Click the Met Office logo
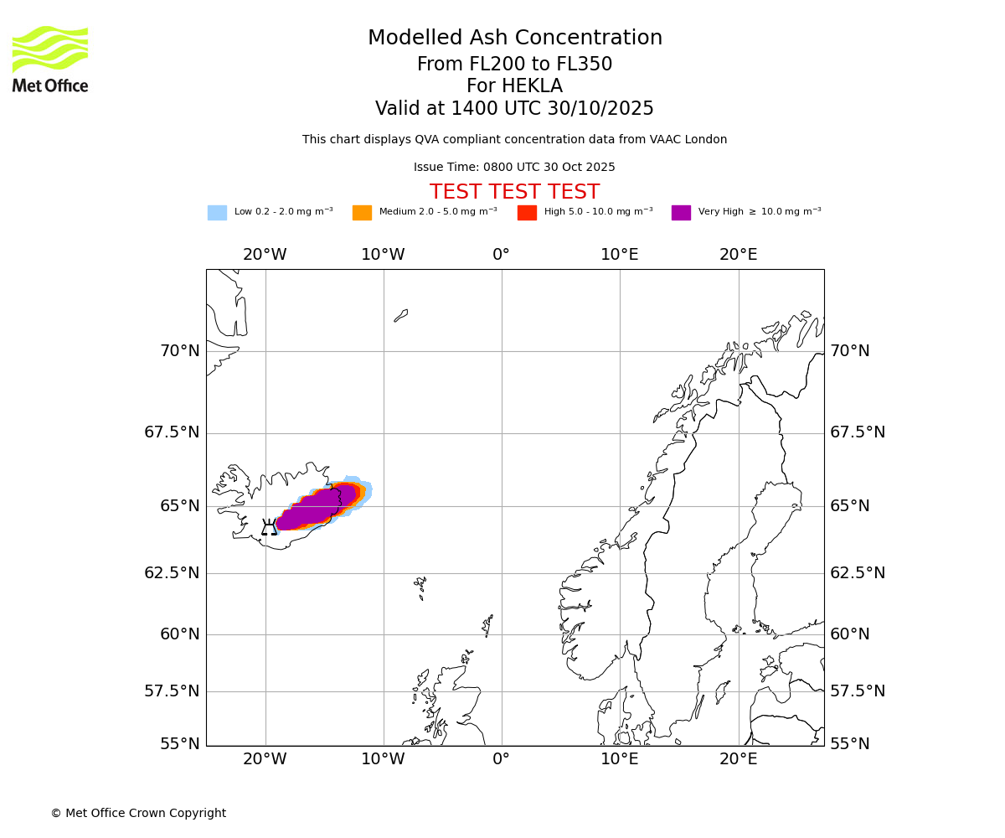(50, 59)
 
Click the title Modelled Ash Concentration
(514, 39)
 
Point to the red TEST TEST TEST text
(514, 192)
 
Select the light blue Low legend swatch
(217, 213)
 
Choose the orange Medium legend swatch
(362, 213)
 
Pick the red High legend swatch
(527, 213)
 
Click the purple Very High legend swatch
(681, 213)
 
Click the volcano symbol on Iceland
(269, 527)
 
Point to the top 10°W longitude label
(383, 255)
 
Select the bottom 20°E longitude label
(738, 759)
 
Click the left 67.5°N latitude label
(173, 432)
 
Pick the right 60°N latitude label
(849, 634)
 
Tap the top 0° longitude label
(501, 255)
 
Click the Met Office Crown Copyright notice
(138, 813)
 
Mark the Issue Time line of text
(514, 168)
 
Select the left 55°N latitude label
(180, 744)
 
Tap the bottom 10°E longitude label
(620, 759)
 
